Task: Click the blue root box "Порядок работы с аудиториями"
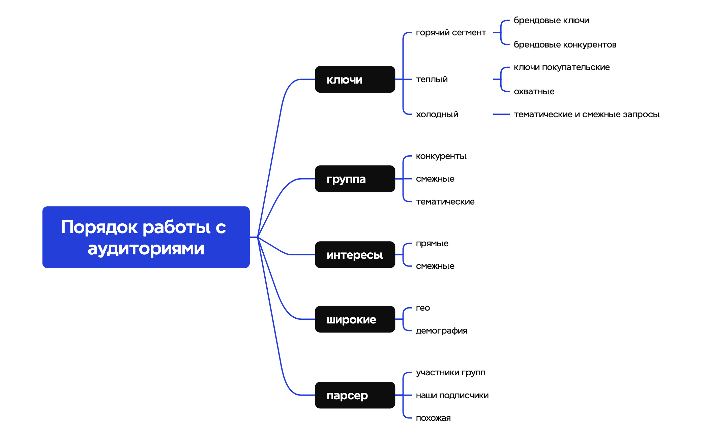coord(146,237)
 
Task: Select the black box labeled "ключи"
coord(355,80)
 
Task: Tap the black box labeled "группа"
coord(355,179)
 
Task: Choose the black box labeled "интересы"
coord(355,255)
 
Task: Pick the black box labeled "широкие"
coord(355,319)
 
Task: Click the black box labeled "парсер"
coord(355,395)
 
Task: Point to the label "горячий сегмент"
coord(451,33)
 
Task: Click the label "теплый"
coord(432,80)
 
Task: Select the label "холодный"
coord(437,115)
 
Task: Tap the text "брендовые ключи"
coord(551,21)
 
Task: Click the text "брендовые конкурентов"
coord(565,45)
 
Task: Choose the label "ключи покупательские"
coord(561,67)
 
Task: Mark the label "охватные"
coord(534,92)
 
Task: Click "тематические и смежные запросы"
coord(586,115)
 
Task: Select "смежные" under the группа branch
coord(435,179)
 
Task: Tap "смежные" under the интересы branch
coord(435,266)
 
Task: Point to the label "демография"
coord(441,331)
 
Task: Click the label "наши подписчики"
coord(452,396)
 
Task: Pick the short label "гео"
coord(423,308)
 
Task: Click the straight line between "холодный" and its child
coord(501,115)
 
